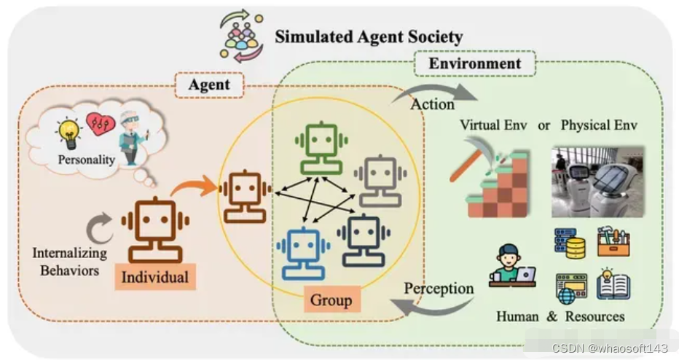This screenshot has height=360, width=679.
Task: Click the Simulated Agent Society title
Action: pos(368,36)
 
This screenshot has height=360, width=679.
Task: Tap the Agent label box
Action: pos(209,85)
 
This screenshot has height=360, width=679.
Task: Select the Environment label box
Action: pos(474,63)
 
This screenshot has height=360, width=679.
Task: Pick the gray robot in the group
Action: pos(380,179)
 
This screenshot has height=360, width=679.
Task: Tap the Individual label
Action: pos(154,277)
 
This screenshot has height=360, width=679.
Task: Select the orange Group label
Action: pos(331,299)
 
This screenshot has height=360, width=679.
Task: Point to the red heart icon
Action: pos(101,123)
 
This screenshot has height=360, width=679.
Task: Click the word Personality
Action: pos(87,159)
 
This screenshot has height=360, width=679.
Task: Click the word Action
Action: pos(433,103)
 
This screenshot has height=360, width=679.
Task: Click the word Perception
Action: pos(439,288)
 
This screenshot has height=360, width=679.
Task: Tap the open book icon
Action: pos(613,285)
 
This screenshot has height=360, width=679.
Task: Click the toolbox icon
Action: pos(613,243)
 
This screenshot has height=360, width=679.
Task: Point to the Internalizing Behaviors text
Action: pos(69,262)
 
